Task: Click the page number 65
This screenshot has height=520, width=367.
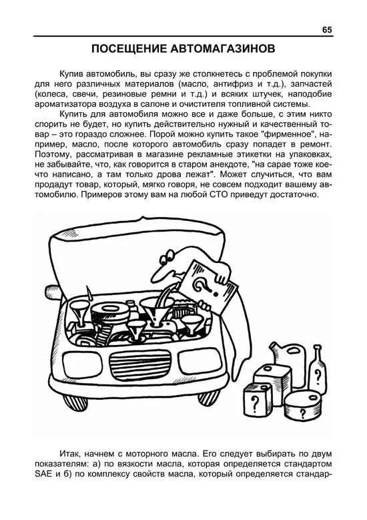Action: pos(326,30)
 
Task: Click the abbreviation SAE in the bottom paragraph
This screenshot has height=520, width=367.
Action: pos(43,473)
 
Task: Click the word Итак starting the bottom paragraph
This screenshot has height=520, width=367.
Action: pos(70,453)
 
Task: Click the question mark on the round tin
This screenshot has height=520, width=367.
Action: pos(302,413)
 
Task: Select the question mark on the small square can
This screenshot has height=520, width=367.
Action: pos(255,403)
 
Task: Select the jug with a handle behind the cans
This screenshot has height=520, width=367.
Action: pos(288,356)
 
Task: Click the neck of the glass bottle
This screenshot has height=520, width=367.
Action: pos(317,352)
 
